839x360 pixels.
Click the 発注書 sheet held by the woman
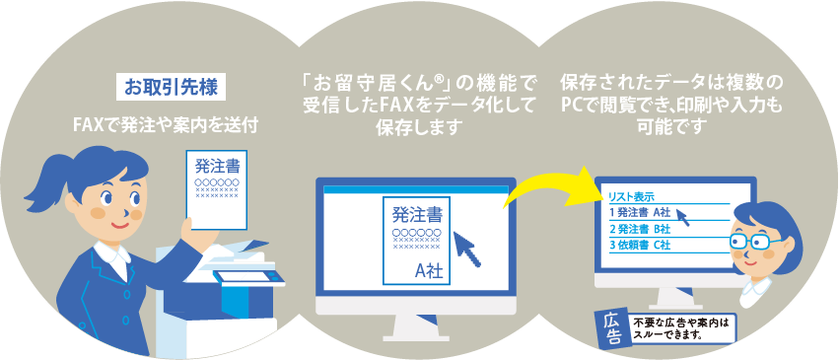217,188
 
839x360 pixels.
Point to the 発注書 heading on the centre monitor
417,213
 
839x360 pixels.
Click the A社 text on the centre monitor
428,269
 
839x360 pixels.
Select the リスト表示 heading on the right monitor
632,196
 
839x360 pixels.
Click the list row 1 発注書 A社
641,212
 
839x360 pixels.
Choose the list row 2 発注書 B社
641,229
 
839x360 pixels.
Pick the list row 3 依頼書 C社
641,246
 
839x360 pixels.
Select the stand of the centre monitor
415,323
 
